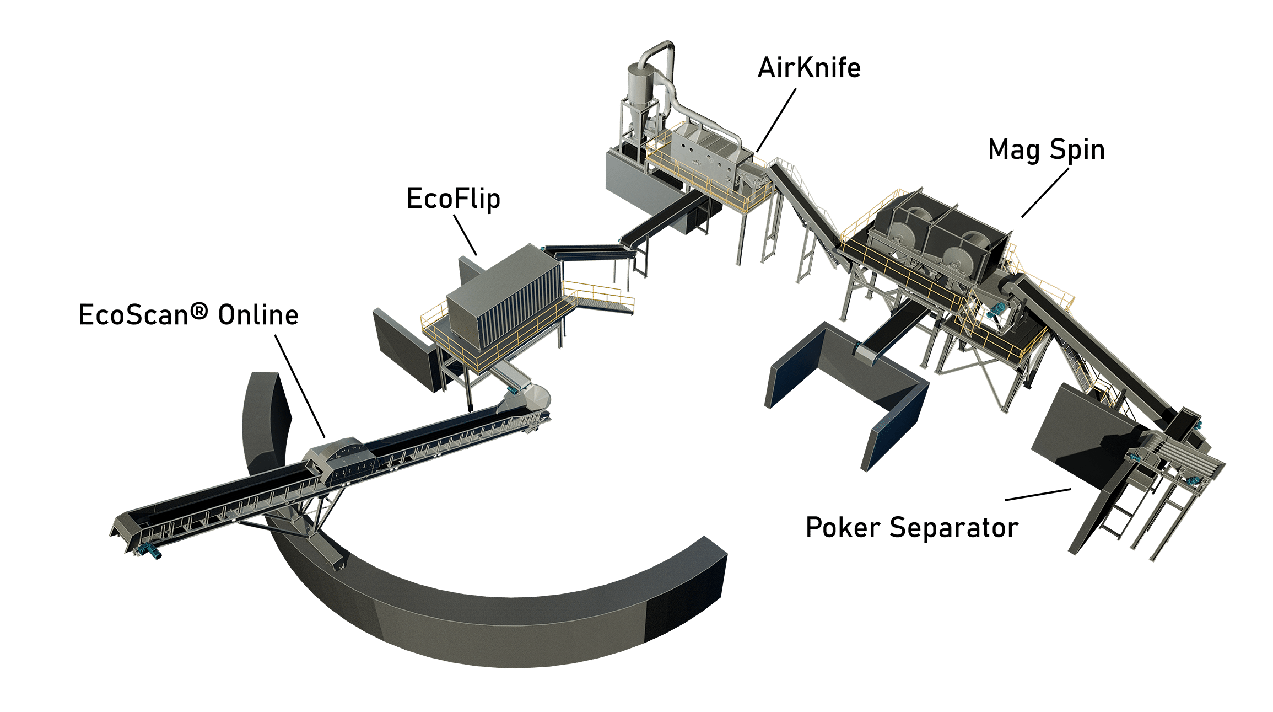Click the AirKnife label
click(x=809, y=68)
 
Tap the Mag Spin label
click(x=1047, y=150)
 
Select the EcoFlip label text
click(x=453, y=199)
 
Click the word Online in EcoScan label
click(x=258, y=315)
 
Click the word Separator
click(x=954, y=528)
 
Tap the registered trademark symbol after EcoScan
click(x=199, y=312)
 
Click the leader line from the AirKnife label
click(x=776, y=120)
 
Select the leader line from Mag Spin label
click(x=1045, y=192)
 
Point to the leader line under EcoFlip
click(x=465, y=235)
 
